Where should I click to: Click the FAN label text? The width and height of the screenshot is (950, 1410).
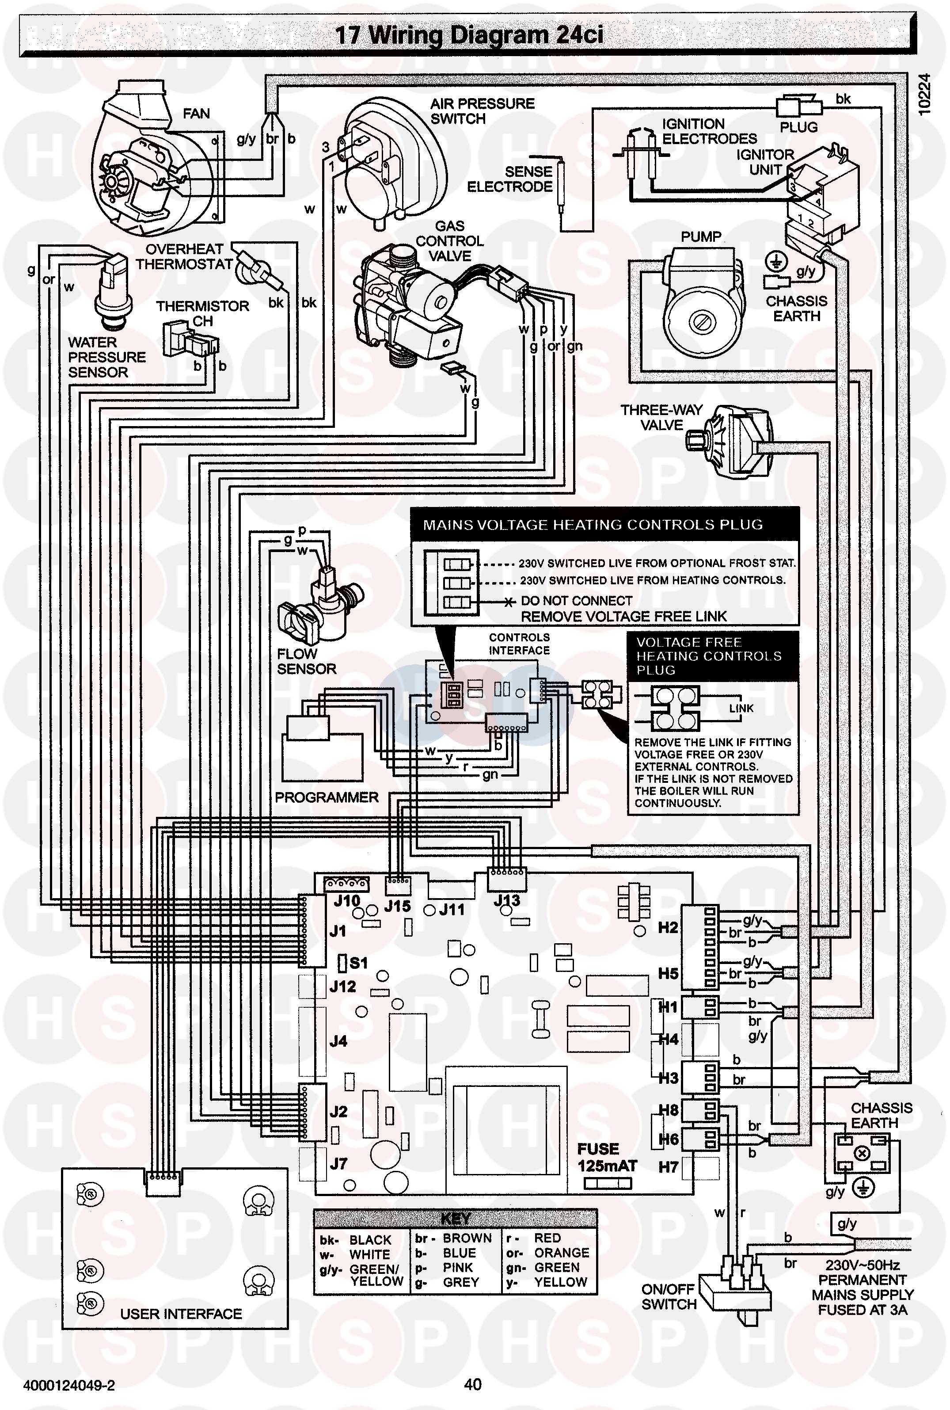coord(196,114)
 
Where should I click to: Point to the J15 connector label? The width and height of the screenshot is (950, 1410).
coord(397,907)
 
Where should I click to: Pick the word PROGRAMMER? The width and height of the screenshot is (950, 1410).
coord(327,797)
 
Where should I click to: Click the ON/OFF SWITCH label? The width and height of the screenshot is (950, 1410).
coord(669,1297)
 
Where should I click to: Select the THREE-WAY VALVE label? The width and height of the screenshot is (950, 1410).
coord(661,418)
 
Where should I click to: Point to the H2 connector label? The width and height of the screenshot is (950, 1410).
coord(668,928)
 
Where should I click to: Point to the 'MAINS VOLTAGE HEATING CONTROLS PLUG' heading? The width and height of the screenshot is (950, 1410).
coord(593,525)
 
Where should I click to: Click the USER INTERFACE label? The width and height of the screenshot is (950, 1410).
coord(181,1314)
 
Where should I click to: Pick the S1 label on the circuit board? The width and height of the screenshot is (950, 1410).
coord(359,963)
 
